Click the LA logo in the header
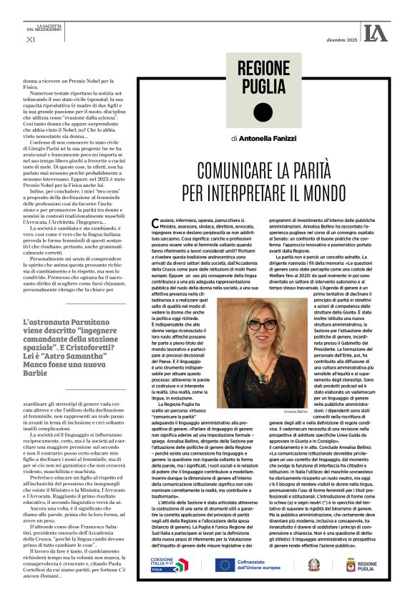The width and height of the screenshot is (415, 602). click(375, 32)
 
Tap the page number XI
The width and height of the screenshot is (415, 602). click(30, 39)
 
